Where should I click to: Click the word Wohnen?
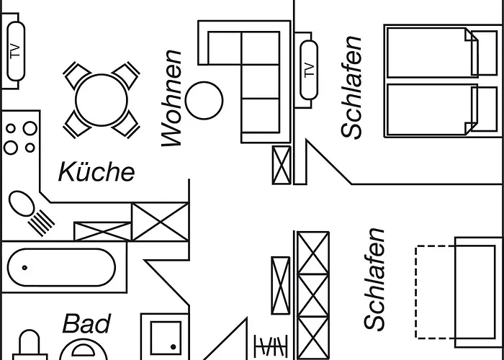click(173, 98)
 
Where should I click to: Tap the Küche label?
click(96, 171)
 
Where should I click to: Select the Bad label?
click(86, 324)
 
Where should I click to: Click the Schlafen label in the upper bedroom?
click(352, 86)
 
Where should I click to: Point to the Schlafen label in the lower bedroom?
click(375, 279)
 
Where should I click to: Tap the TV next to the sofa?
click(308, 70)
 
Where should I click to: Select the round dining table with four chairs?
click(102, 99)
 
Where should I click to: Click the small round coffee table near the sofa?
click(204, 99)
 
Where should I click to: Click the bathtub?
click(60, 267)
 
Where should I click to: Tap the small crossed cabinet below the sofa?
click(281, 164)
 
